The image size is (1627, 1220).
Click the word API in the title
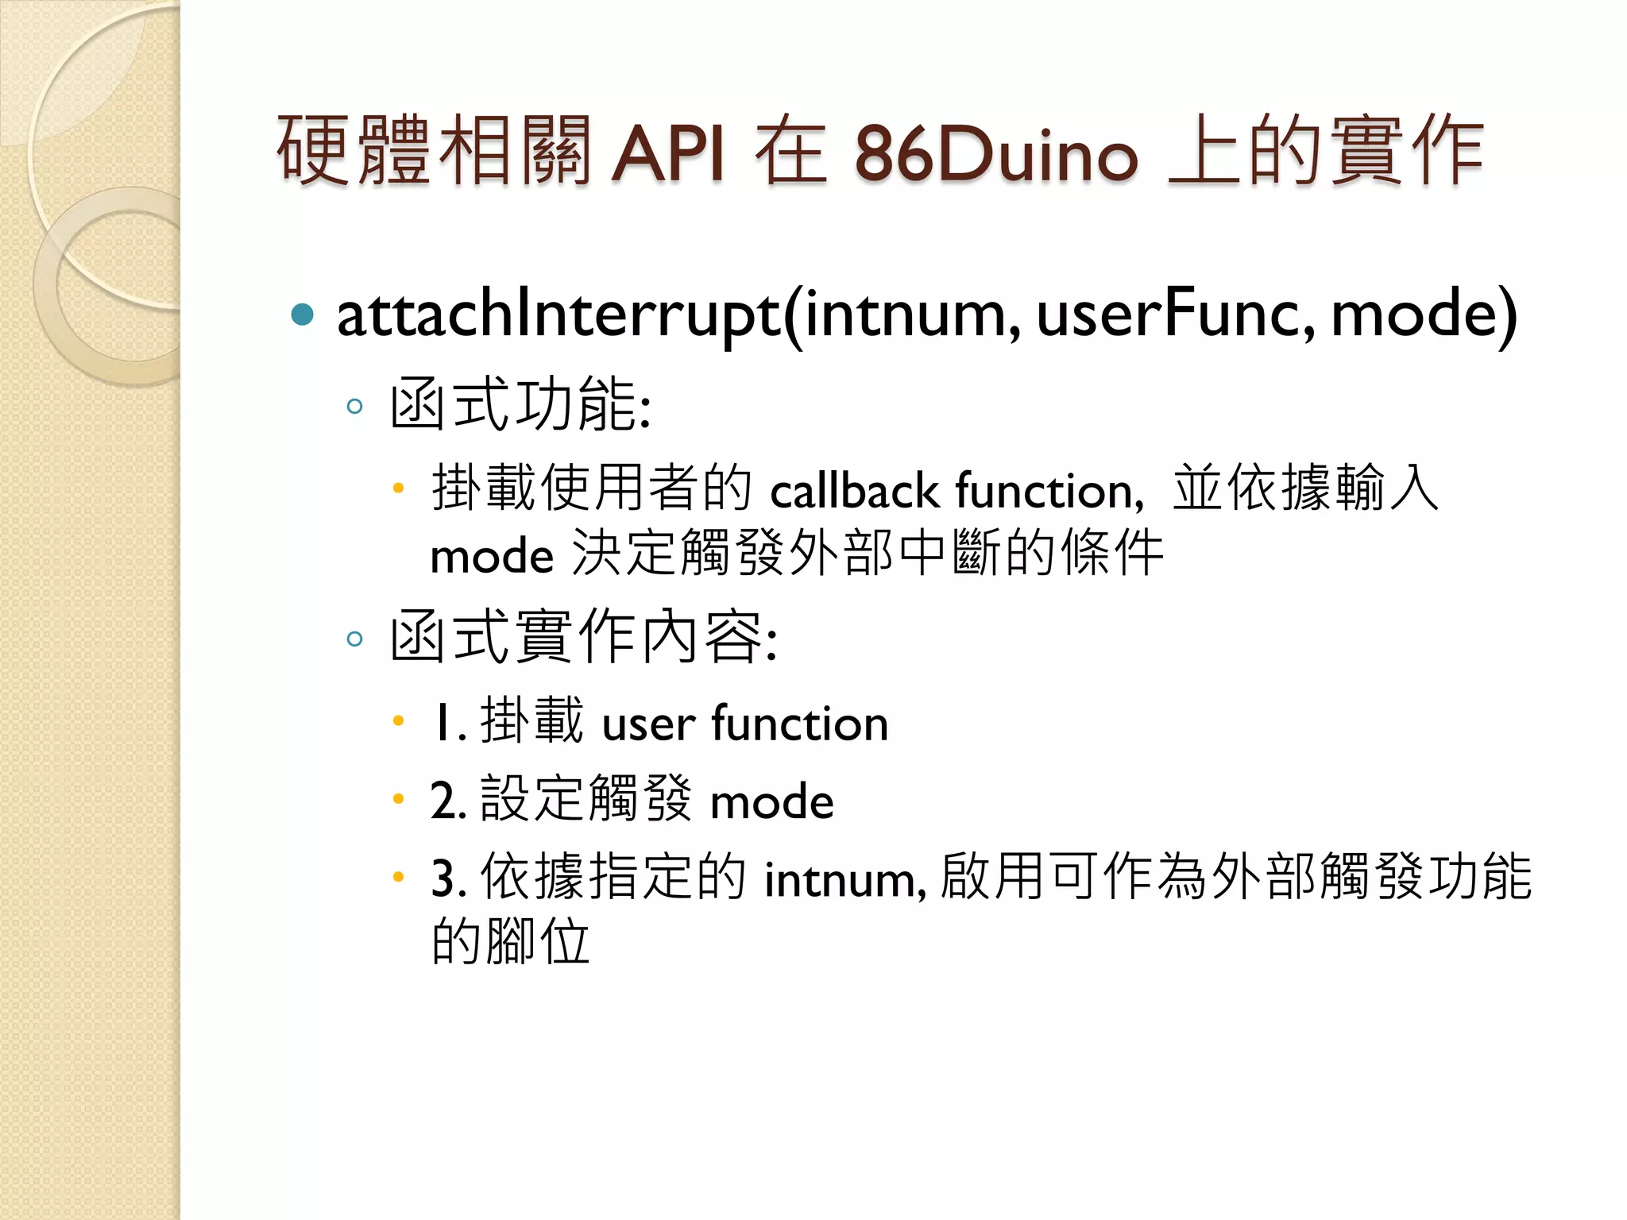pyautogui.click(x=667, y=152)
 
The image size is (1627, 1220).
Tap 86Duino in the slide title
pyautogui.click(x=996, y=152)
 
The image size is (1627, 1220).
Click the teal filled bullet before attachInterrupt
pyautogui.click(x=303, y=315)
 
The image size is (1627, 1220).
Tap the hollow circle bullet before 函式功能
pyautogui.click(x=355, y=407)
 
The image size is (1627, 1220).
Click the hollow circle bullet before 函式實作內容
pyautogui.click(x=355, y=639)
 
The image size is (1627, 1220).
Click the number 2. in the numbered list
pyautogui.click(x=448, y=801)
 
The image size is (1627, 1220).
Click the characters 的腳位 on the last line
pyautogui.click(x=510, y=942)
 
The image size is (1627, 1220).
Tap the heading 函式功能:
pyautogui.click(x=520, y=405)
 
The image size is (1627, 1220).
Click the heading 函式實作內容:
pyautogui.click(x=584, y=637)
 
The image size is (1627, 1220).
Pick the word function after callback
pyautogui.click(x=1049, y=491)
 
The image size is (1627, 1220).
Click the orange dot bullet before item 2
pyautogui.click(x=399, y=798)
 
